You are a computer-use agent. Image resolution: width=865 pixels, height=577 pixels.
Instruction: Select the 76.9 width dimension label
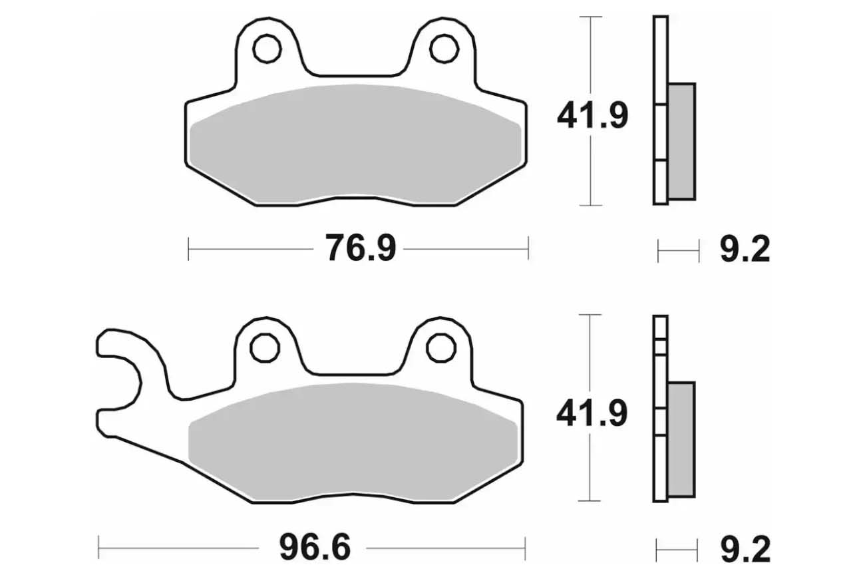click(x=361, y=248)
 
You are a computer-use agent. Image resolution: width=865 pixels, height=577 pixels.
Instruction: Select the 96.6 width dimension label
click(x=315, y=547)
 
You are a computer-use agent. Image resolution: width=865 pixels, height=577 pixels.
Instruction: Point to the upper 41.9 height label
click(x=593, y=115)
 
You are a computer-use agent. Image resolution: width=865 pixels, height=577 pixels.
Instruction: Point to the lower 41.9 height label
click(x=592, y=414)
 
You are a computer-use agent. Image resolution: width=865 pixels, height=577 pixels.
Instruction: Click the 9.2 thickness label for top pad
click(x=745, y=250)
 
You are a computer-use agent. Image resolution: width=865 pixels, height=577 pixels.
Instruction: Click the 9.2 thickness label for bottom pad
click(x=745, y=549)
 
